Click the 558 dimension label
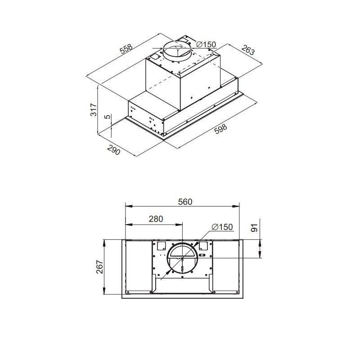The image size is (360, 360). pyautogui.click(x=126, y=49)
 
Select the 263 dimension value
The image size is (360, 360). pyautogui.click(x=248, y=50)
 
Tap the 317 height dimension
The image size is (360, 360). pyautogui.click(x=94, y=110)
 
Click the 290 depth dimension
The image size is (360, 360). pyautogui.click(x=114, y=150)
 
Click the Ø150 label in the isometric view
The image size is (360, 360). pyautogui.click(x=207, y=44)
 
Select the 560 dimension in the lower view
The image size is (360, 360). pyautogui.click(x=185, y=202)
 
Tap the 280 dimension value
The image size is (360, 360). pyautogui.click(x=156, y=219)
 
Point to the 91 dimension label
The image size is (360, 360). pyautogui.click(x=254, y=228)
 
